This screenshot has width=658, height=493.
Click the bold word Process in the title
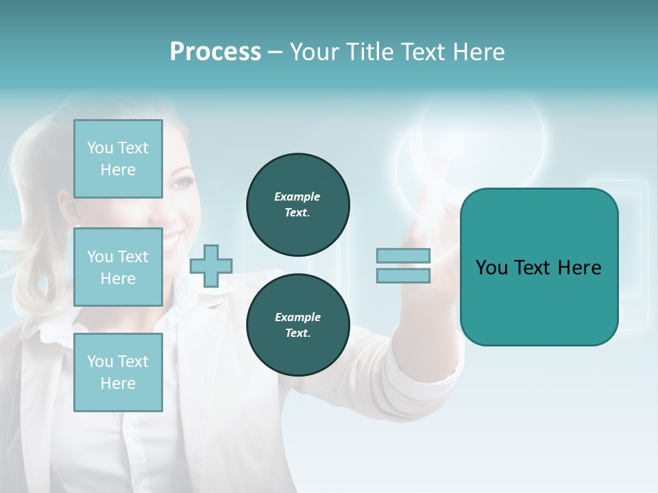click(215, 52)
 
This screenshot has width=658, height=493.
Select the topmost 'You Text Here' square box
click(118, 159)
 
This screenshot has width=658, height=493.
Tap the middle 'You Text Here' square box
click(118, 267)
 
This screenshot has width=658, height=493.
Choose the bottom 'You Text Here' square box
click(118, 372)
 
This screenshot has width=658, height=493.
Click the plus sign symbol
click(211, 266)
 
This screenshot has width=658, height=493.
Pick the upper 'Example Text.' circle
click(297, 205)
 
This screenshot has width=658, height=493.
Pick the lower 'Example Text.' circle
click(297, 325)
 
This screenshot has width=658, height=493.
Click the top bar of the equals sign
click(403, 255)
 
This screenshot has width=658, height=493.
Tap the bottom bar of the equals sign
click(403, 275)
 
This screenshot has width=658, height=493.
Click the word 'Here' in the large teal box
click(579, 268)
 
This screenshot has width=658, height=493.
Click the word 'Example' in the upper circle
click(297, 197)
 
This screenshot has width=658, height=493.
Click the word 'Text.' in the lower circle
click(297, 333)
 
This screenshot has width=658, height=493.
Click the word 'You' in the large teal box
click(491, 268)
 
